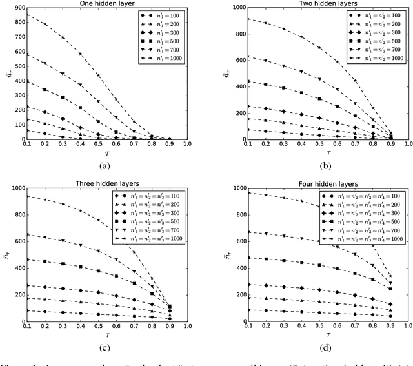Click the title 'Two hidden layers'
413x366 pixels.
click(x=319, y=3)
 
